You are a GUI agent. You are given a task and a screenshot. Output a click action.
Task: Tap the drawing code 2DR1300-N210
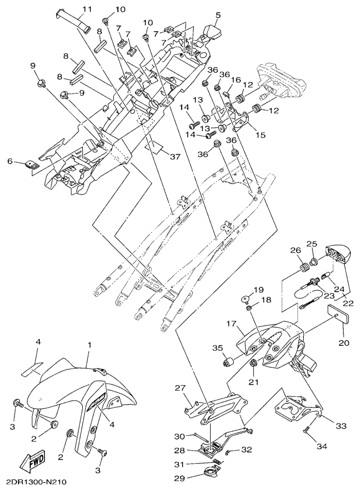tap(36, 482)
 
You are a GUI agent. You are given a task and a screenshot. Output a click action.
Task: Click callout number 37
tap(175, 157)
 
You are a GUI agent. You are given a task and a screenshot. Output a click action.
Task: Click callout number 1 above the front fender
tap(89, 345)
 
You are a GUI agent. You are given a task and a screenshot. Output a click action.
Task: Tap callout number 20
tap(344, 343)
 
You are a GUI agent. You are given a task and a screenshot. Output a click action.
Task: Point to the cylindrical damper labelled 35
tap(228, 363)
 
